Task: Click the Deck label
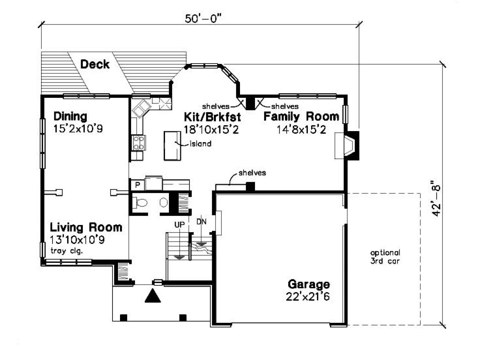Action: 95,64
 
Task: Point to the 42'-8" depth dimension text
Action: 436,198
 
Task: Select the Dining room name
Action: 70,116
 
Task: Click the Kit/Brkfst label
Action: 212,117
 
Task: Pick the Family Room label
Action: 301,116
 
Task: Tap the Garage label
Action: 309,284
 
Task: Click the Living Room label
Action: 86,227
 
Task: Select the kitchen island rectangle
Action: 172,146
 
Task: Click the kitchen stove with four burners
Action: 139,143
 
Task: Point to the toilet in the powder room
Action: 140,202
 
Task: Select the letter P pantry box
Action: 137,185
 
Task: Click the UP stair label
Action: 179,224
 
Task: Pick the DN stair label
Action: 201,222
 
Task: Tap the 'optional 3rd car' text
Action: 385,257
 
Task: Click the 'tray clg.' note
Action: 67,251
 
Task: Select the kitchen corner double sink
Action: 142,109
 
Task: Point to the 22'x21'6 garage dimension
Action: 308,297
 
